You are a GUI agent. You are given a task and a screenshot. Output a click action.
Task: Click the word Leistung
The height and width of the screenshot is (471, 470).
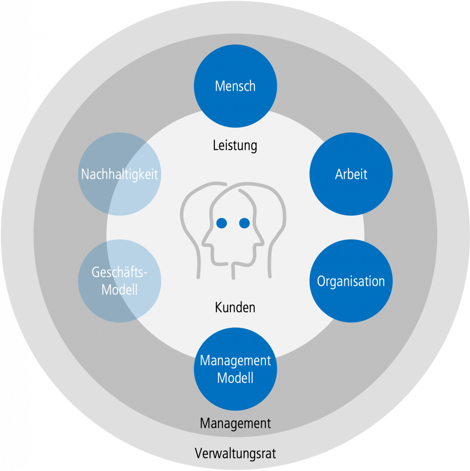pos(235,146)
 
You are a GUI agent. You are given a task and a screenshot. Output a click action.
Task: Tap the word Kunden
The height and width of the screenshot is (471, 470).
pos(235,307)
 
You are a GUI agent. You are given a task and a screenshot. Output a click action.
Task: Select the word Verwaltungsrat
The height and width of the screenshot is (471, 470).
pos(235,454)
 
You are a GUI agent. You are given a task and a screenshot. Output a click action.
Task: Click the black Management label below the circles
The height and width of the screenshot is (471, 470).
pos(235,423)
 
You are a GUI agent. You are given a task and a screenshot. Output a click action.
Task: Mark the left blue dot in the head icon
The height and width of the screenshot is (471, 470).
pos(222,223)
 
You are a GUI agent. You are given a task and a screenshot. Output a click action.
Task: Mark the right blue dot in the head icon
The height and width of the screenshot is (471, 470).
pos(244,223)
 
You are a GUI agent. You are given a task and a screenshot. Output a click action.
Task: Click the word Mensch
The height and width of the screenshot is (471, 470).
pos(235,86)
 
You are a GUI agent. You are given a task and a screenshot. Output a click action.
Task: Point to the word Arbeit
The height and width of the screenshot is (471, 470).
pos(351,174)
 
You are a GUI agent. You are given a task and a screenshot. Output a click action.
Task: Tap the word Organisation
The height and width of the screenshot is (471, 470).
pos(351,281)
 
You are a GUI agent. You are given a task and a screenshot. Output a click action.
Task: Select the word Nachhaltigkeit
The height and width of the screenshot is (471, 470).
pos(120,174)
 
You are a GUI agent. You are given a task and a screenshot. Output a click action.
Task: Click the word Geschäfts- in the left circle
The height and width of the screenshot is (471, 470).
pos(120,272)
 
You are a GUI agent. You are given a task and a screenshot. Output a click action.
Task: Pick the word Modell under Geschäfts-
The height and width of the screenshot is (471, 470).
pos(120,290)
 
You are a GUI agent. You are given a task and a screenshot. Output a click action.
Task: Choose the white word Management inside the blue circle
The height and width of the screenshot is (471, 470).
pos(235,360)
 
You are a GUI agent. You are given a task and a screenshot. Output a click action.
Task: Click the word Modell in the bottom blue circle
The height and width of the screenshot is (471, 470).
pos(235,378)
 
